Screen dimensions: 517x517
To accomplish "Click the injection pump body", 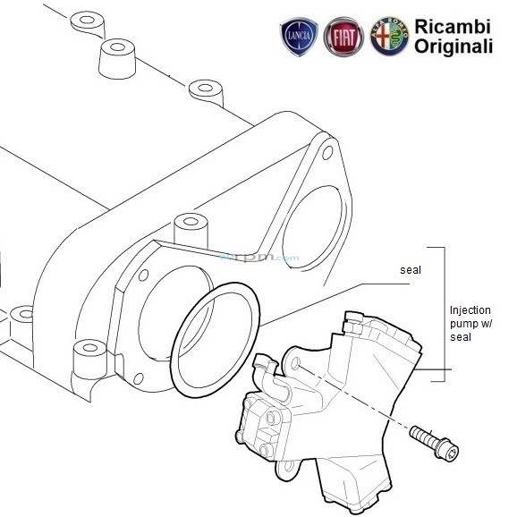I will [x=349, y=394].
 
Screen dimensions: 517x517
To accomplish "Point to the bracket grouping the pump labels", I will [x=440, y=313].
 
